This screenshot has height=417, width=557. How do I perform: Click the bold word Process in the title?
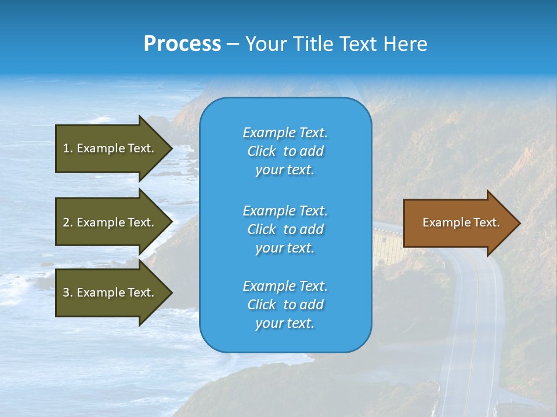pyautogui.click(x=182, y=43)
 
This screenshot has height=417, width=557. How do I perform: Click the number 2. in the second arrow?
pyautogui.click(x=68, y=222)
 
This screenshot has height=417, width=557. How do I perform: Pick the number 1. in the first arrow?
pyautogui.click(x=68, y=148)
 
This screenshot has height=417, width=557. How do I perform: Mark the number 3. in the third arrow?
pyautogui.click(x=68, y=292)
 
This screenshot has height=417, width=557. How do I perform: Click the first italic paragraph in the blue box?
pyautogui.click(x=285, y=151)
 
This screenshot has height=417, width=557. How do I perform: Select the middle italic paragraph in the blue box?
pyautogui.click(x=285, y=229)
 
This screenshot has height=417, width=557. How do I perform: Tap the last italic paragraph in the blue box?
pyautogui.click(x=285, y=305)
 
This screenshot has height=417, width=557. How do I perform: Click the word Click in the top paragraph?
pyautogui.click(x=261, y=151)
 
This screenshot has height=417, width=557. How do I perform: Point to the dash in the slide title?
pyautogui.click(x=233, y=44)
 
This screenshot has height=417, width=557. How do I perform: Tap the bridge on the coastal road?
pyautogui.click(x=388, y=243)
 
